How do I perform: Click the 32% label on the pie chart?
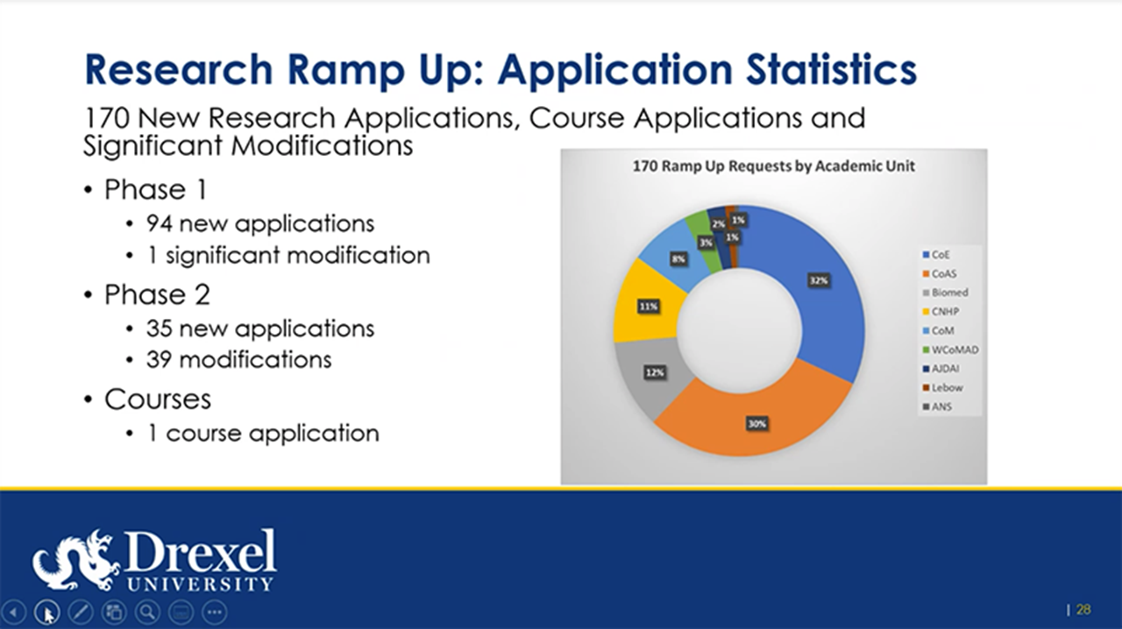click(819, 280)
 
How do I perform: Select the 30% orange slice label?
click(756, 424)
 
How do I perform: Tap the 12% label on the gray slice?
click(655, 372)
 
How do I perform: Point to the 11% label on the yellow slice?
click(649, 307)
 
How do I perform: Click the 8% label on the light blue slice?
click(678, 259)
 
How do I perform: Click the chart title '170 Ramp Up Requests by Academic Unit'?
click(774, 166)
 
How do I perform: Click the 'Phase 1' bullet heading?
click(157, 190)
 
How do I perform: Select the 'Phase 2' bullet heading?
click(157, 294)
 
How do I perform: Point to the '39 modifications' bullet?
click(238, 359)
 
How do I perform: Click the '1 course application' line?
click(263, 433)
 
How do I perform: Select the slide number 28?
click(1083, 610)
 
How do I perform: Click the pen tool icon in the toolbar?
click(80, 611)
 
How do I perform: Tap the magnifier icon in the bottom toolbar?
click(146, 611)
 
